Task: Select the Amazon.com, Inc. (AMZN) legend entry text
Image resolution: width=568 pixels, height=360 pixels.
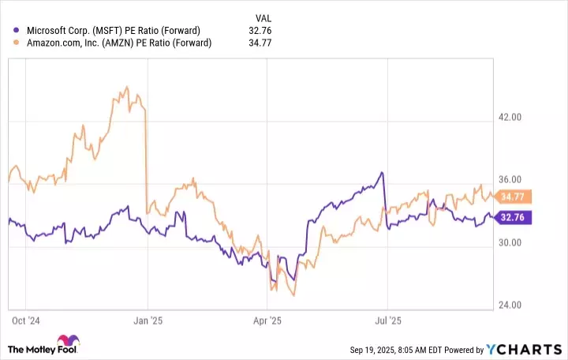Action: coord(119,43)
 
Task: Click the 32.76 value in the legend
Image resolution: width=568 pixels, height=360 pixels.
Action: coord(261,30)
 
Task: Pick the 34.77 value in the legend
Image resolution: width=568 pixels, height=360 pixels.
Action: coord(261,43)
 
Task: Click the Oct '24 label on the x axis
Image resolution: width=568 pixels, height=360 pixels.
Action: coord(27,321)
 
